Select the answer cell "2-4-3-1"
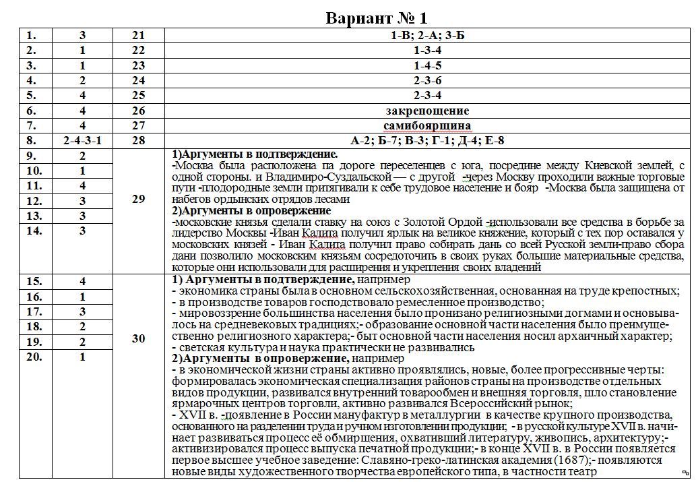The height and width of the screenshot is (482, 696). point(82,140)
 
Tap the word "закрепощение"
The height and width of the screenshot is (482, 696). point(427,111)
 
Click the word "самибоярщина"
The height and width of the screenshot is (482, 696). point(427,125)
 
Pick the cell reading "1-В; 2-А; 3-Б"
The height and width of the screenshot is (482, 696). point(427,36)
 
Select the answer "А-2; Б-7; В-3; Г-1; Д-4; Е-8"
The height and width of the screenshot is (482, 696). point(427,140)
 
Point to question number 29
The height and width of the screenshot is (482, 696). point(138,199)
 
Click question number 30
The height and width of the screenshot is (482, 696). point(138,338)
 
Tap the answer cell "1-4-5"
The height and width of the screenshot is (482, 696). point(427,65)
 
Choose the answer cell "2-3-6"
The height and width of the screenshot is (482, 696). point(427,80)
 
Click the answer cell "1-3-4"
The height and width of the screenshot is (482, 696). point(427,51)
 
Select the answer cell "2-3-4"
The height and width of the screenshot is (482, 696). point(427,95)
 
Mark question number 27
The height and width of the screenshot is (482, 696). point(138,125)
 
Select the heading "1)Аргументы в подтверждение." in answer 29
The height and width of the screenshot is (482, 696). point(255,154)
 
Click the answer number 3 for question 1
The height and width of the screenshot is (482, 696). point(82,36)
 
